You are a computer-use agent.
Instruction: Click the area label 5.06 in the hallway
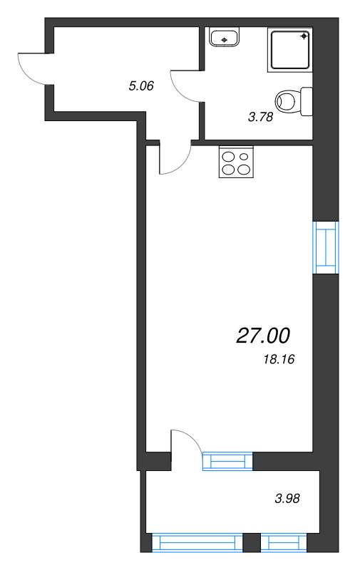[x=141, y=85]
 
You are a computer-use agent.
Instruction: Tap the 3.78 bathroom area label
[x=260, y=117]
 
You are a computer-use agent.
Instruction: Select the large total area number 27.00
[x=263, y=335]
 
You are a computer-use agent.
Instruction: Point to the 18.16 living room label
[x=279, y=359]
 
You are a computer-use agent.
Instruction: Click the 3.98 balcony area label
[x=287, y=498]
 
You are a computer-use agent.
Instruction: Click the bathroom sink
[x=225, y=37]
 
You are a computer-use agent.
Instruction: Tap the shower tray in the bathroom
[x=290, y=50]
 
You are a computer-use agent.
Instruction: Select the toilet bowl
[x=288, y=101]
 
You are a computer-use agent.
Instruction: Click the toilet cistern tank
[x=307, y=101]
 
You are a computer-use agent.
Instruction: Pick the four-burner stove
[x=236, y=162]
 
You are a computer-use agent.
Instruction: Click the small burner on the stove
[x=244, y=157]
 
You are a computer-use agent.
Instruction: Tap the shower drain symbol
[x=303, y=36]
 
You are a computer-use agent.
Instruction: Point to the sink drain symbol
[x=225, y=40]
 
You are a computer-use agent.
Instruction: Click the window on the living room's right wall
[x=326, y=247]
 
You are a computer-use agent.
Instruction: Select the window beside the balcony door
[x=227, y=461]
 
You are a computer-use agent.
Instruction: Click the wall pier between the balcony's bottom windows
[x=252, y=542]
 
